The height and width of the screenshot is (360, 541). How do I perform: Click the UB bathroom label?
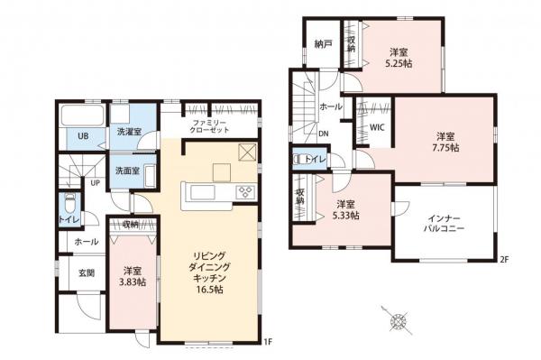pyautogui.click(x=81, y=137)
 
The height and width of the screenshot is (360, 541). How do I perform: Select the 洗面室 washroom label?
pyautogui.click(x=126, y=170)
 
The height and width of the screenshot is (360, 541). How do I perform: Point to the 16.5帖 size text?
pyautogui.click(x=208, y=290)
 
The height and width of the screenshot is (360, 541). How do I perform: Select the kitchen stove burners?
pyautogui.click(x=246, y=191)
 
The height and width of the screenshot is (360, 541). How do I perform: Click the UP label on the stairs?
pyautogui.click(x=95, y=183)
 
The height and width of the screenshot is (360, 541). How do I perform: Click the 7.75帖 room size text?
pyautogui.click(x=445, y=147)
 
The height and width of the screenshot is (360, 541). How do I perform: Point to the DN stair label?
pyautogui.click(x=325, y=135)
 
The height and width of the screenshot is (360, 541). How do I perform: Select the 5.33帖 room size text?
pyautogui.click(x=345, y=216)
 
